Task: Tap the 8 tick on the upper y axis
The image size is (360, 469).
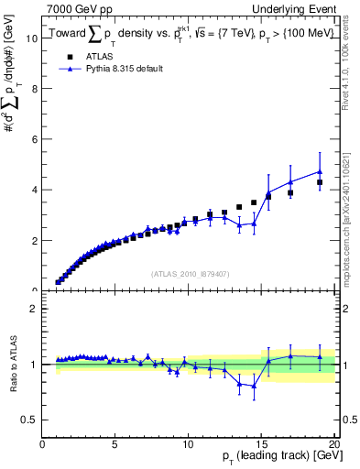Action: coord(34,89)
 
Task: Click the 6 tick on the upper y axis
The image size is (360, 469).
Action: coord(34,139)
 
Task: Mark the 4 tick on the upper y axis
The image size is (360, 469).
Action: coord(34,190)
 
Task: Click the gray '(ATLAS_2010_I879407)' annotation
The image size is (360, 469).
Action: coord(189,273)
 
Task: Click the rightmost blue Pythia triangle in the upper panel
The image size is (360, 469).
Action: coord(320,171)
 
